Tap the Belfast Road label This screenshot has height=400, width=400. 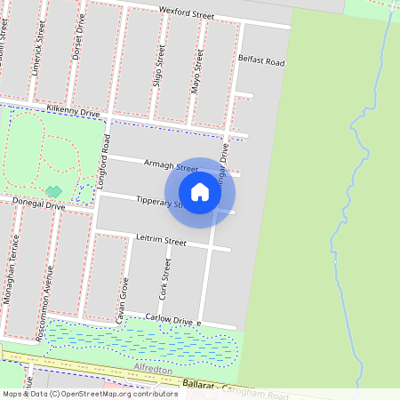(261, 62)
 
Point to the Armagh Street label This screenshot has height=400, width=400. (170, 166)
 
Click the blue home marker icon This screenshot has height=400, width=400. (200, 192)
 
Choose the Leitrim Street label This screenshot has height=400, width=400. (162, 241)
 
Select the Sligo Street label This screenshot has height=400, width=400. (161, 70)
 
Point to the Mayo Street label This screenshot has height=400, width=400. (196, 71)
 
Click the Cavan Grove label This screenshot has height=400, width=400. (124, 299)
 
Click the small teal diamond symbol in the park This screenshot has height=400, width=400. (54, 191)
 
